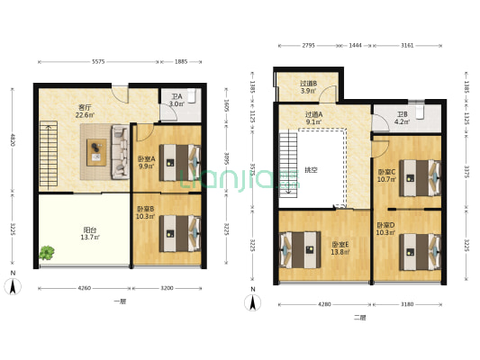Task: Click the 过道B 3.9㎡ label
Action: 307,87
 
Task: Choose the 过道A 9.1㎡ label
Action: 313,118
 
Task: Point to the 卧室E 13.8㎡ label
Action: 340,247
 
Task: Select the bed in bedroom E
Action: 298,249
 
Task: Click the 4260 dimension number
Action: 84,289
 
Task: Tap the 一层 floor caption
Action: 120,301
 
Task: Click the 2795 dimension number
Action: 307,45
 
